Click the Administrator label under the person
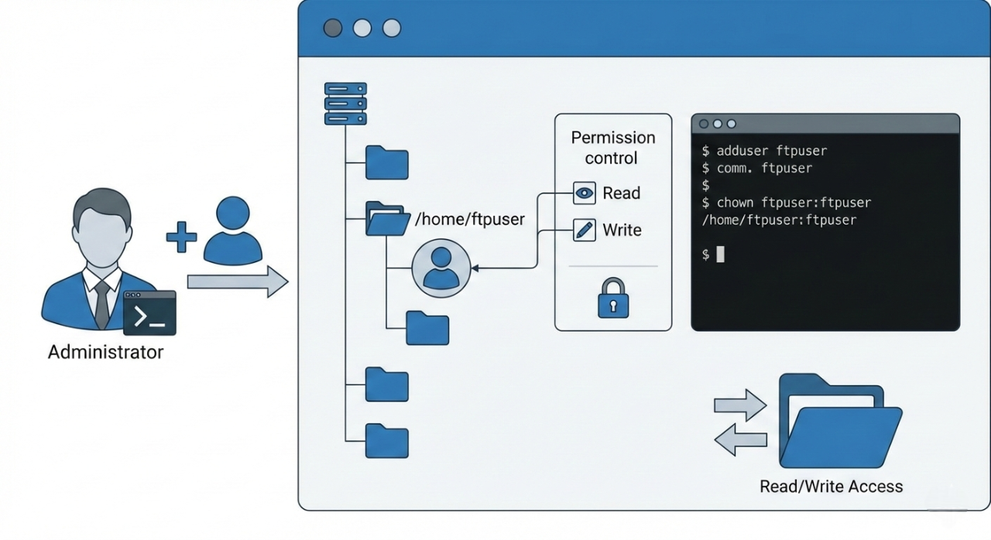pos(105,353)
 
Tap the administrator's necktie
pos(101,304)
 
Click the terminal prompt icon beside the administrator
pos(149,313)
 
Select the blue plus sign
pos(181,238)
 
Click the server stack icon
pos(345,104)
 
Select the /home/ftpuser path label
pos(470,220)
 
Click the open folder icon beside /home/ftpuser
pos(387,219)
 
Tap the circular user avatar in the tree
pos(441,268)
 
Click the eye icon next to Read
pos(585,193)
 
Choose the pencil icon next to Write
pos(585,230)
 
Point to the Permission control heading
pos(612,148)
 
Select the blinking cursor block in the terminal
pos(720,255)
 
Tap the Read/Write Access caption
pos(831,487)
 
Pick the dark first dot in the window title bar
pos(333,29)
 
